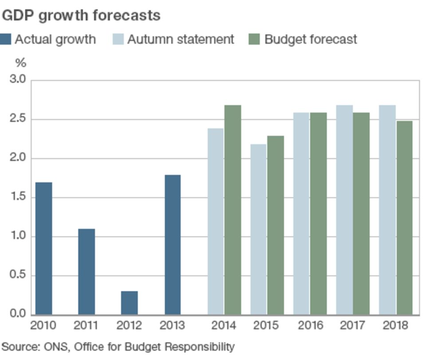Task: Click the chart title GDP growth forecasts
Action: coord(81,16)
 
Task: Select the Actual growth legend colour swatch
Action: coord(5,39)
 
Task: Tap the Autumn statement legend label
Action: coord(181,39)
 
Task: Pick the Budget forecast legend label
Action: coord(311,39)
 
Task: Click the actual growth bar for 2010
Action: coord(43,248)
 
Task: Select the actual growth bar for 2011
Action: coord(87,271)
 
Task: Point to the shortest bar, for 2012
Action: coord(129,303)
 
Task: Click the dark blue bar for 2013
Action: coord(173,244)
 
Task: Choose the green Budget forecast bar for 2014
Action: coord(232,210)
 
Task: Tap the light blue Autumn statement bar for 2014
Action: coord(216,221)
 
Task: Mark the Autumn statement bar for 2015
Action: coord(259,229)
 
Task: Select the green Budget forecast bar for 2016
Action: coord(319,213)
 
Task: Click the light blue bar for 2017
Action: coord(344,210)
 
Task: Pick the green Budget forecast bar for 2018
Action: coord(404,217)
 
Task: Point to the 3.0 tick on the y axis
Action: coord(18,80)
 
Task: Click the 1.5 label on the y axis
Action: coord(18,197)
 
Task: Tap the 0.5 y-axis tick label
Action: coord(18,275)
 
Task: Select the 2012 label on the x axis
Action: coord(129,326)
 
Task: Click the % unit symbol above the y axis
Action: coord(20,63)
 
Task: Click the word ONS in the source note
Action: coord(55,346)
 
